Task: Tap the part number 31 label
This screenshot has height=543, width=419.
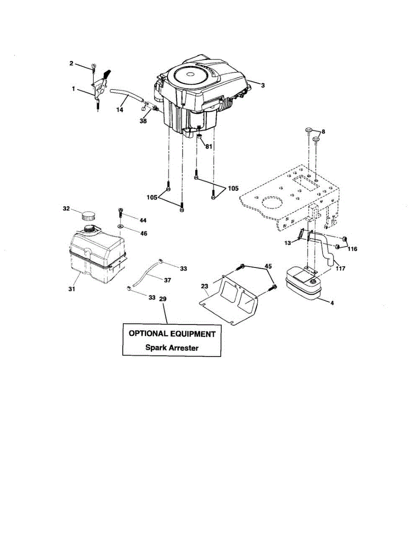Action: coord(72,289)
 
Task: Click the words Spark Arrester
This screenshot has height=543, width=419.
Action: coord(172,348)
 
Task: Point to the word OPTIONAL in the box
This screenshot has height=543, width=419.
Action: coord(150,334)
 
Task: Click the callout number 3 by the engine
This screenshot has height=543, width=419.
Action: coord(262,85)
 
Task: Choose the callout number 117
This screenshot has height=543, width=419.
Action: coord(340,268)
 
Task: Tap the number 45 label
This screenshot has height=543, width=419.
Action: coord(268,266)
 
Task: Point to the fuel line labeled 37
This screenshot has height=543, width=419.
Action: coord(149,274)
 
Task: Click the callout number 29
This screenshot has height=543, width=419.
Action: coord(164,299)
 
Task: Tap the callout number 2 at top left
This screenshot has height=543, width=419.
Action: coord(71,63)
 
